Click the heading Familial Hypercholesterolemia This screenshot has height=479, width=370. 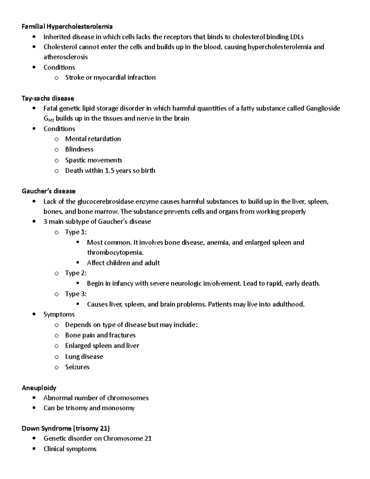point(67,27)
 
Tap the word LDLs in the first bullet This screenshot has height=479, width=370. point(297,37)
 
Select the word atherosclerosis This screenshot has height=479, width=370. point(65,57)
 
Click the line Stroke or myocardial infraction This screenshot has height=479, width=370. point(110,77)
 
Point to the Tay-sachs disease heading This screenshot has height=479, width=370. point(48,98)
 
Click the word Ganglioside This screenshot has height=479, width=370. point(323,108)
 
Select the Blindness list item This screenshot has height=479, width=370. point(79,149)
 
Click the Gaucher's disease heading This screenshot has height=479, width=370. point(48,191)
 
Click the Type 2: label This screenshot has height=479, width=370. point(76,273)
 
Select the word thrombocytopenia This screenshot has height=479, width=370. point(115,253)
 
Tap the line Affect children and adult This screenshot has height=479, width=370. point(123,263)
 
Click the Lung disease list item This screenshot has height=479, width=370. point(84,357)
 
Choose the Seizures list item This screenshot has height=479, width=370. point(77,367)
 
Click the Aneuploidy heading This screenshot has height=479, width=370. point(39,388)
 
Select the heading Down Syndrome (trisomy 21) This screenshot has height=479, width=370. point(66,428)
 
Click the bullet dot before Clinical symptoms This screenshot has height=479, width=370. point(34,448)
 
